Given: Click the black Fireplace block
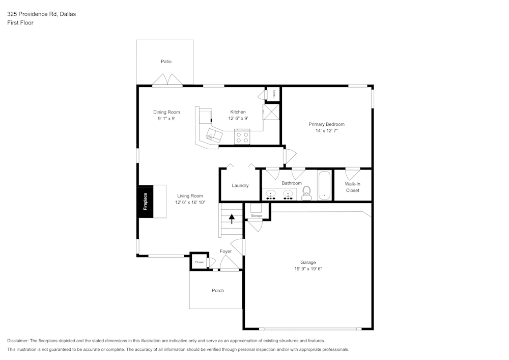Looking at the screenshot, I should [x=145, y=202].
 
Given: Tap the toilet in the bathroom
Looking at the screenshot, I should [x=306, y=192].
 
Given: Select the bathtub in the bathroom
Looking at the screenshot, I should [x=324, y=186].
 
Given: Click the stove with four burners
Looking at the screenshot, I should [x=242, y=137].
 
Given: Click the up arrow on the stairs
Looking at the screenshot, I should [x=232, y=219].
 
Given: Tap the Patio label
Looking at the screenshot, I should [x=166, y=62].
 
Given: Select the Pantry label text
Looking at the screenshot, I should [x=274, y=94].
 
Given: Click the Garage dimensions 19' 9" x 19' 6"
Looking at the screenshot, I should [x=308, y=269].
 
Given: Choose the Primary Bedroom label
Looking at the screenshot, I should [x=326, y=124].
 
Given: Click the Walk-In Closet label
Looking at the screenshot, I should [x=352, y=187].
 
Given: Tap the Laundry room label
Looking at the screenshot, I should [x=240, y=185].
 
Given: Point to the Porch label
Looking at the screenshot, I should [x=218, y=290].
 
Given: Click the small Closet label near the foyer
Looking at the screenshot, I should [x=199, y=262].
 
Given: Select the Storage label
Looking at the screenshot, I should [x=256, y=216].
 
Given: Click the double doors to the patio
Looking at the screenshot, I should [x=167, y=80].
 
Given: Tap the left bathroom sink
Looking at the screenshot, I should [x=271, y=195].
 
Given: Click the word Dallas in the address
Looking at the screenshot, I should [x=68, y=14].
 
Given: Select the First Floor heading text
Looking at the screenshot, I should [x=20, y=23].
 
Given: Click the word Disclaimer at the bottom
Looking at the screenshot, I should [x=18, y=341].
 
